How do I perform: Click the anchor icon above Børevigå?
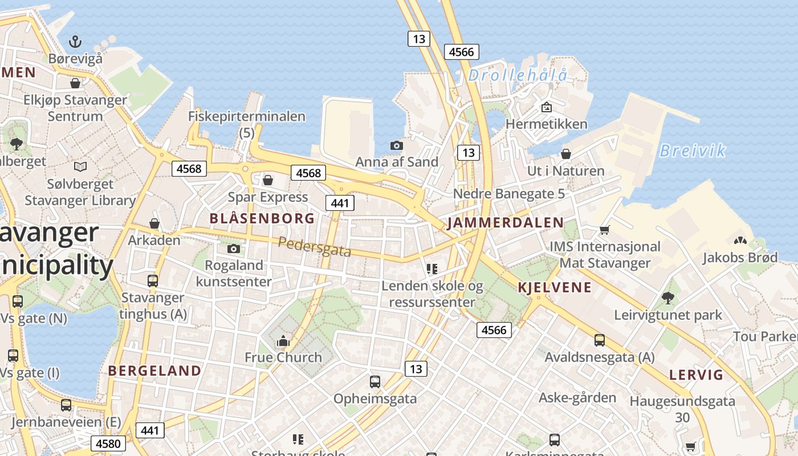[x=75, y=41]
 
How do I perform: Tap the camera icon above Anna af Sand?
[x=397, y=145]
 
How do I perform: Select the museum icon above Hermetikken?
[x=546, y=107]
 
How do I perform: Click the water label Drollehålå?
[x=518, y=75]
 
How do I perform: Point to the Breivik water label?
[x=693, y=150]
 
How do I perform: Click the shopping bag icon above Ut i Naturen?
[x=566, y=154]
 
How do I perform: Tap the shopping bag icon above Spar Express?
[x=268, y=180]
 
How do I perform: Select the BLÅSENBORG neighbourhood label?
[x=262, y=218]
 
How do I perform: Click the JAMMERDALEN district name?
[x=505, y=223]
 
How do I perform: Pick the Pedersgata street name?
[x=314, y=246]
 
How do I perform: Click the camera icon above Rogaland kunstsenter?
[x=233, y=249]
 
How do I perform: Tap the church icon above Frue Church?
[x=283, y=341]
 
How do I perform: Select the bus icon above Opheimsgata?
[x=374, y=382]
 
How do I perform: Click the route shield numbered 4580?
[x=108, y=443]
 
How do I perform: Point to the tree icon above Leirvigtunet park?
[x=667, y=298]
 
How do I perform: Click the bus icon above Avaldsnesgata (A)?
[x=599, y=340]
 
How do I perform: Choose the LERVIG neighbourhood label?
[x=696, y=375]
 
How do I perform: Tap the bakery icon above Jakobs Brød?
[x=740, y=241]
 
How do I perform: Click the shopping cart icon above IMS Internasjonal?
[x=604, y=230]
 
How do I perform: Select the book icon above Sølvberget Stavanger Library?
[x=80, y=166]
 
